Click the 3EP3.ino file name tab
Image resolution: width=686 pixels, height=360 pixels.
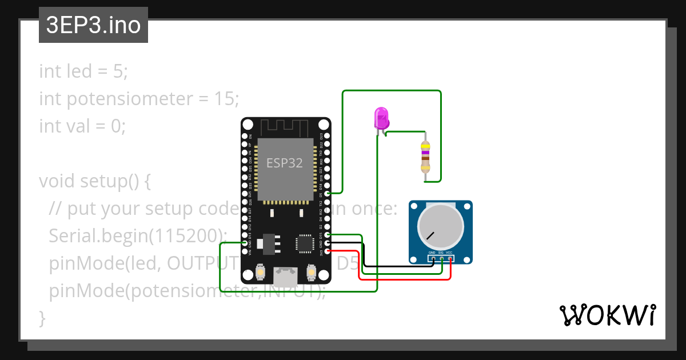[x=93, y=26]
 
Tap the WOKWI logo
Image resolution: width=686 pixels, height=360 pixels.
[x=607, y=315]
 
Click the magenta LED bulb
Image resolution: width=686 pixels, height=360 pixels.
[x=381, y=118]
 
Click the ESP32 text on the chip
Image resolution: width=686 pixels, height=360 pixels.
[x=284, y=163]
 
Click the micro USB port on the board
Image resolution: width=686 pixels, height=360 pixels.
[x=285, y=277]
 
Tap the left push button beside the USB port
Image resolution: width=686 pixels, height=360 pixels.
[x=260, y=271]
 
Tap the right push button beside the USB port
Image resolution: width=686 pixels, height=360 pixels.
[x=312, y=271]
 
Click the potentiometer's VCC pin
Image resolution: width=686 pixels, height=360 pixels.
[x=450, y=259]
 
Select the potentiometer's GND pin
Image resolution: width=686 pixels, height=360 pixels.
[x=433, y=259]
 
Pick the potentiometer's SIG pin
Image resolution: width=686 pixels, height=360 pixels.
[x=442, y=259]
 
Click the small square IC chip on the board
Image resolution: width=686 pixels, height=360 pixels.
[x=303, y=244]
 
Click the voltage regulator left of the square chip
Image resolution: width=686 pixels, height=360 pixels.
[x=268, y=244]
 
